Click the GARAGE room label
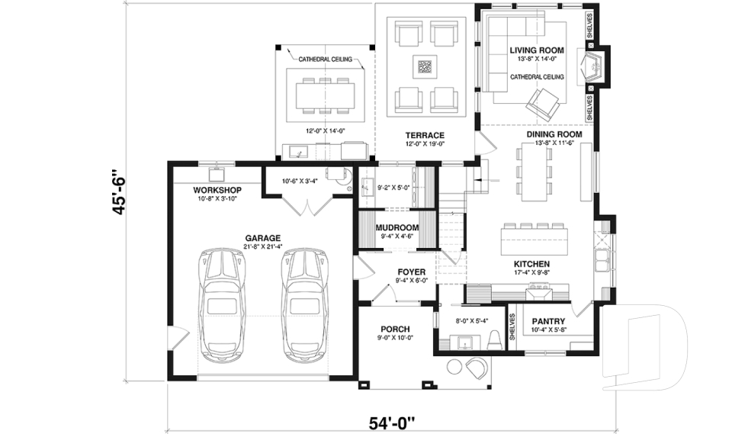[x=263, y=237]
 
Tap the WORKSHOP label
[x=217, y=190]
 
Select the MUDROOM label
[x=396, y=228]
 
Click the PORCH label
[x=396, y=330]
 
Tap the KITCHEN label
[x=531, y=264]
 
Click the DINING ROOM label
[x=554, y=134]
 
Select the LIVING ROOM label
[x=537, y=50]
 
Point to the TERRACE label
[x=425, y=135]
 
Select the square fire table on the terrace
[x=425, y=67]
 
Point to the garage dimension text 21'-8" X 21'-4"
[x=263, y=246]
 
